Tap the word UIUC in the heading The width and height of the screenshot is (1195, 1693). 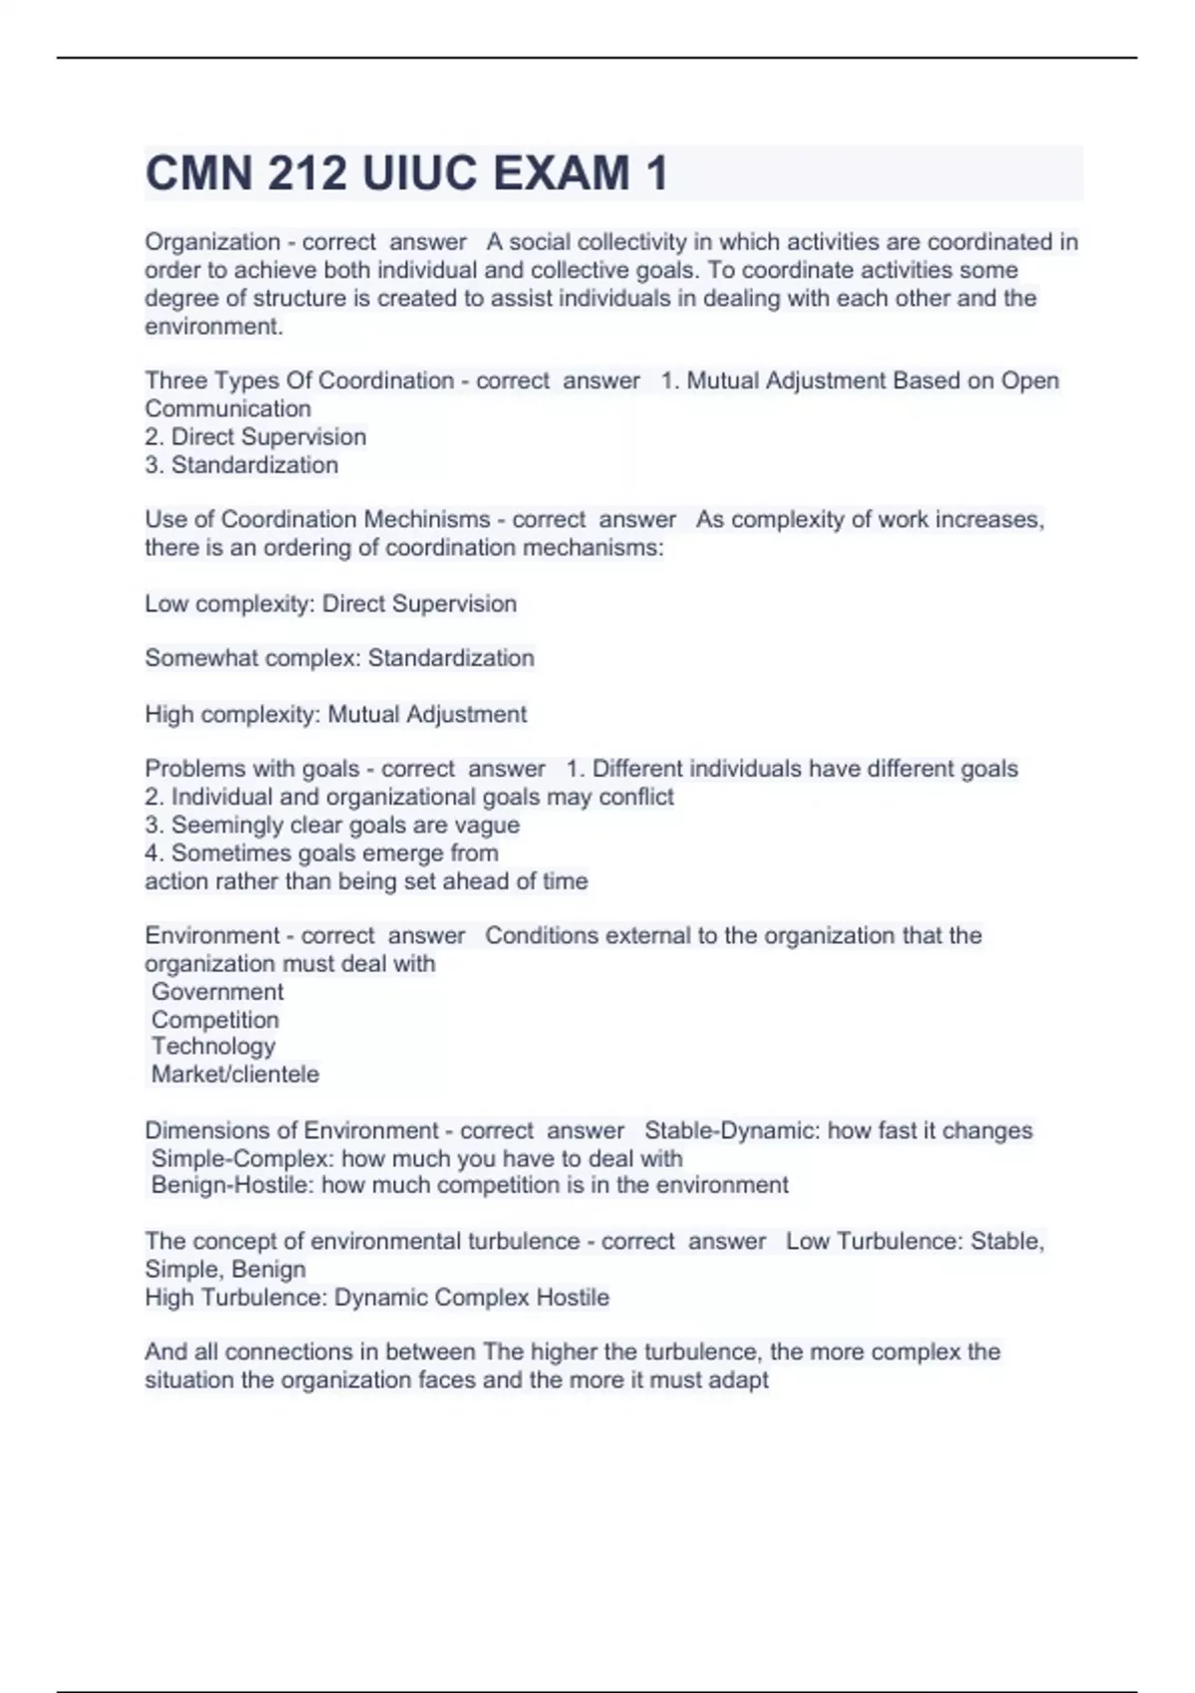[x=419, y=173]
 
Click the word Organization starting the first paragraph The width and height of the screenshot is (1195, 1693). [x=212, y=242]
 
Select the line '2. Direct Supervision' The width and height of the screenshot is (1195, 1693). [x=256, y=437]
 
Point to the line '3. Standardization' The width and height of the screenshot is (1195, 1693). [x=242, y=465]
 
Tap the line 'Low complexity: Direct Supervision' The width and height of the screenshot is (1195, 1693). [x=331, y=605]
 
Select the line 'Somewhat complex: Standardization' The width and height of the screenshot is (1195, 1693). [x=340, y=658]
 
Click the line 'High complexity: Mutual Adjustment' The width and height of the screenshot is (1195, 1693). [x=336, y=715]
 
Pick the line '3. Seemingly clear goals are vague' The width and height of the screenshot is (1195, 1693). [x=333, y=826]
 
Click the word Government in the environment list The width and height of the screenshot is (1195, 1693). [x=217, y=992]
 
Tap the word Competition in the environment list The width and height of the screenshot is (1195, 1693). [x=215, y=1020]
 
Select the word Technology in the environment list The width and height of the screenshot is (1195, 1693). [x=213, y=1047]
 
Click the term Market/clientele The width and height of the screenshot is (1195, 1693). [x=235, y=1075]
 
